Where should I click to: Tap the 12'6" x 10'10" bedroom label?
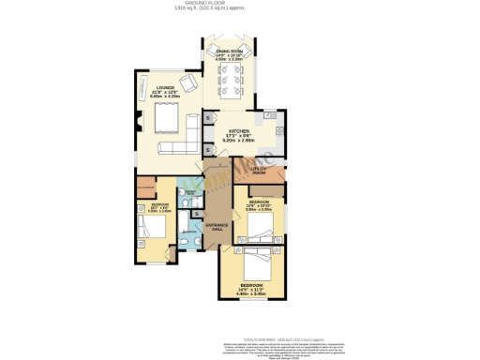[x=259, y=206]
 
